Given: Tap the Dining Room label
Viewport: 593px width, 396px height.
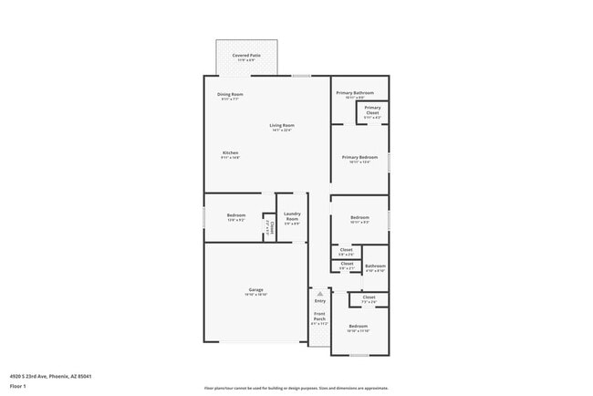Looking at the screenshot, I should click(230, 95).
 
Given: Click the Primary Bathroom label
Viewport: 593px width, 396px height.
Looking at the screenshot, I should click(356, 93).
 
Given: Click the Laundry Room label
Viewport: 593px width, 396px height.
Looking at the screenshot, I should click(292, 219).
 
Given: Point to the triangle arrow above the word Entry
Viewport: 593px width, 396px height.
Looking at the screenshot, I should click(319, 294).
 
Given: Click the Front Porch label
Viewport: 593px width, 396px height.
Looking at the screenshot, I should click(318, 318).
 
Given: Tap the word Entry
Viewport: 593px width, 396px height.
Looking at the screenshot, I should click(319, 300).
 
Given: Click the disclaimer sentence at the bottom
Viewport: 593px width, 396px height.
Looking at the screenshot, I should click(296, 387).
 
